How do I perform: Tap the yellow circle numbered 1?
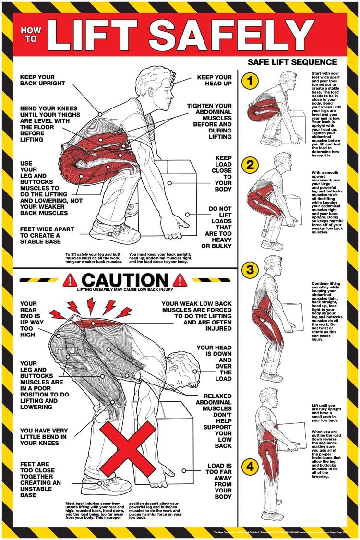250,81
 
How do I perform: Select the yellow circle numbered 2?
250,165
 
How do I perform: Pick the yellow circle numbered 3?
250,270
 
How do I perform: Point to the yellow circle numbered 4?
250,465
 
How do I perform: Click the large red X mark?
129,449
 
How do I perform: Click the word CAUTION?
126,279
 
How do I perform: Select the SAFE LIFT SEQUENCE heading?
292,62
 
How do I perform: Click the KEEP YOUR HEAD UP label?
214,80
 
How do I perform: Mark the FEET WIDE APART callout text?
47,236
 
